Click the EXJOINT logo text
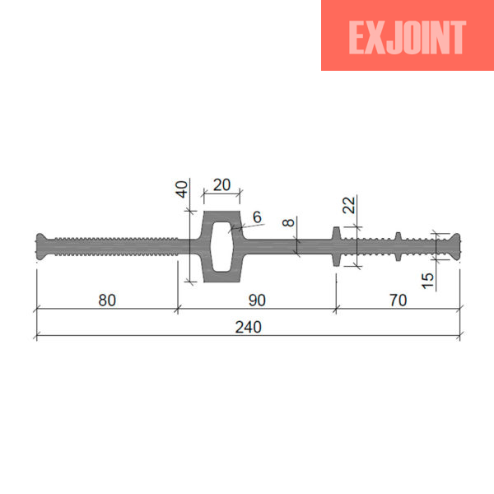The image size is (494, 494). click(x=407, y=37)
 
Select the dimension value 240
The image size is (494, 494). click(x=249, y=327)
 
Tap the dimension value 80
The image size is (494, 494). click(x=107, y=301)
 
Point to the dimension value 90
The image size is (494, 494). click(x=257, y=301)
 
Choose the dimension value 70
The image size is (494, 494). click(x=398, y=301)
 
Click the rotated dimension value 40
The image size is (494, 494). click(x=182, y=189)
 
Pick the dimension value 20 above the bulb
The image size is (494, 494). click(x=221, y=185)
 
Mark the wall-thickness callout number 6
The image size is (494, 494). click(x=257, y=217)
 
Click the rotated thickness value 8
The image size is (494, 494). click(x=288, y=222)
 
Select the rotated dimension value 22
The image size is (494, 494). click(x=349, y=205)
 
